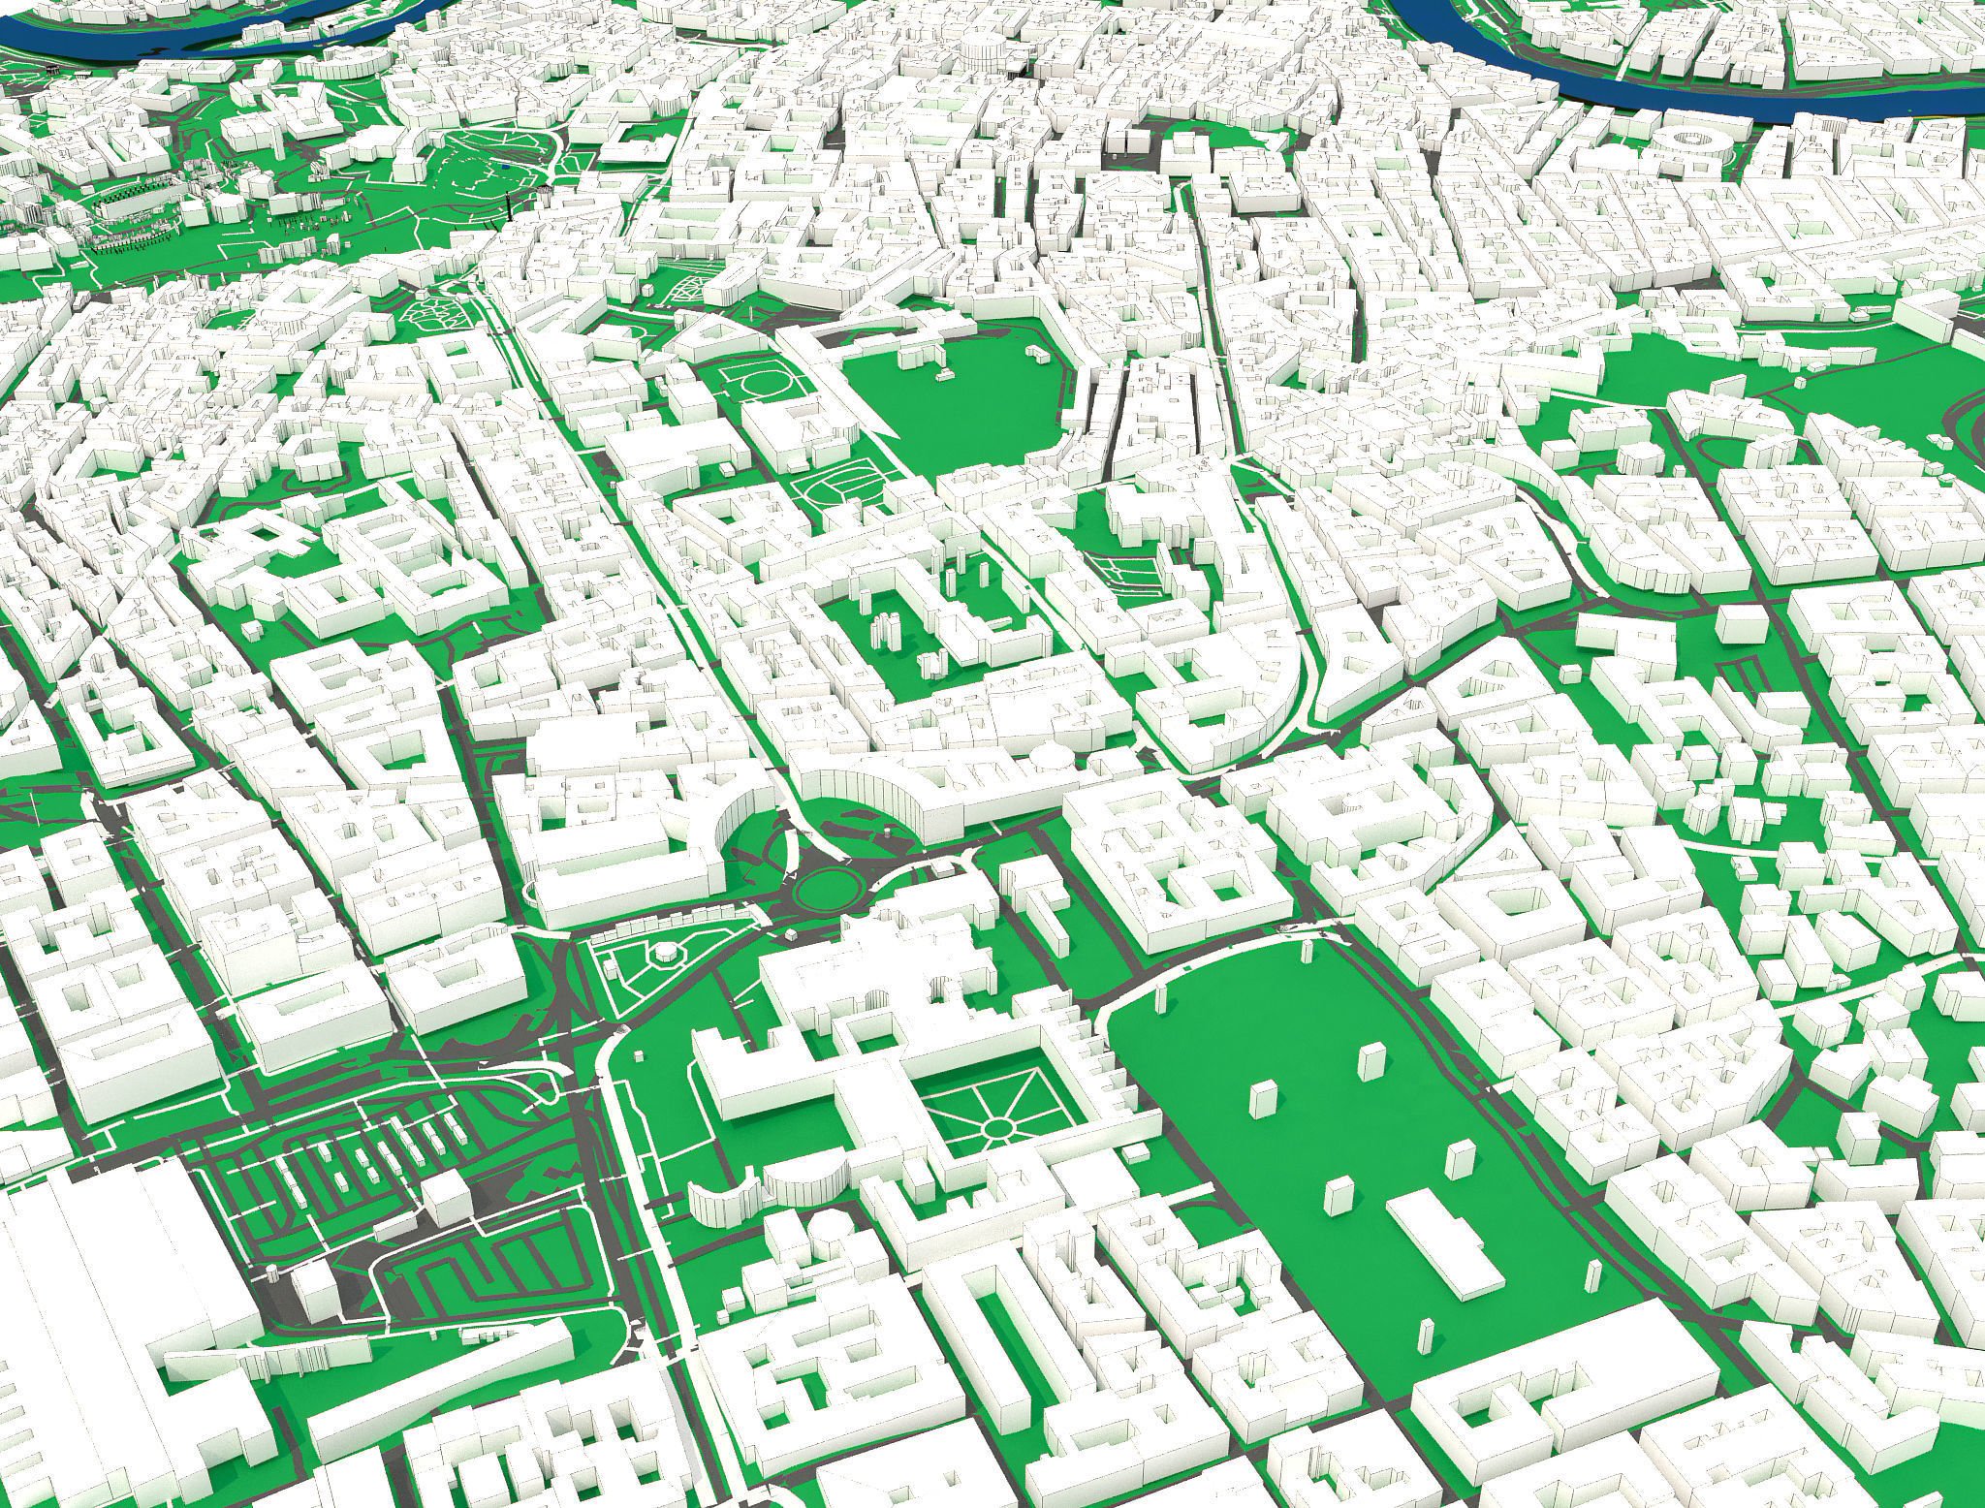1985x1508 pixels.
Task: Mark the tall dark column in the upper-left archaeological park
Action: point(510,205)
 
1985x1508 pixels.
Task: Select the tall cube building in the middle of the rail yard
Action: point(447,1197)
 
